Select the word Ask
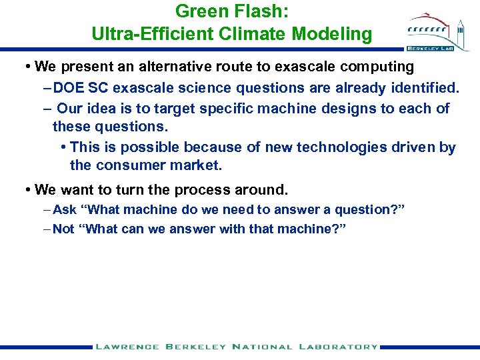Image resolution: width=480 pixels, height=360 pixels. [65, 210]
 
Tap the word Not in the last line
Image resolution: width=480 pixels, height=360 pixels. [64, 229]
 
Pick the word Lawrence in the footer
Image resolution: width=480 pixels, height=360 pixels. [127, 347]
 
